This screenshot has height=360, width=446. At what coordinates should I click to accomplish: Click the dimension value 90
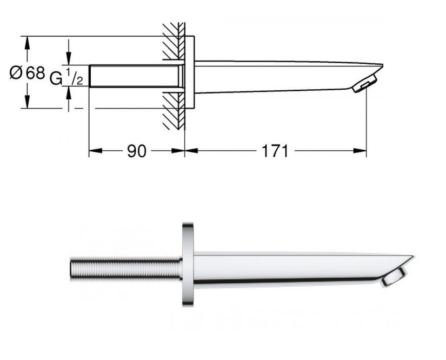(x=137, y=151)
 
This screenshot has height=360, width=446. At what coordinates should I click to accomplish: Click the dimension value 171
(x=275, y=151)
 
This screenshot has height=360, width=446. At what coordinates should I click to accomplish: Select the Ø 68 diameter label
(x=28, y=73)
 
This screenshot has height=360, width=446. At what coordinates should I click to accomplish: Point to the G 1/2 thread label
(x=66, y=76)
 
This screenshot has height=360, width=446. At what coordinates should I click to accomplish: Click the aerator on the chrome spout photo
(x=394, y=277)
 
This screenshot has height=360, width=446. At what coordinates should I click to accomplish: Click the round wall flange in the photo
(x=188, y=264)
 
